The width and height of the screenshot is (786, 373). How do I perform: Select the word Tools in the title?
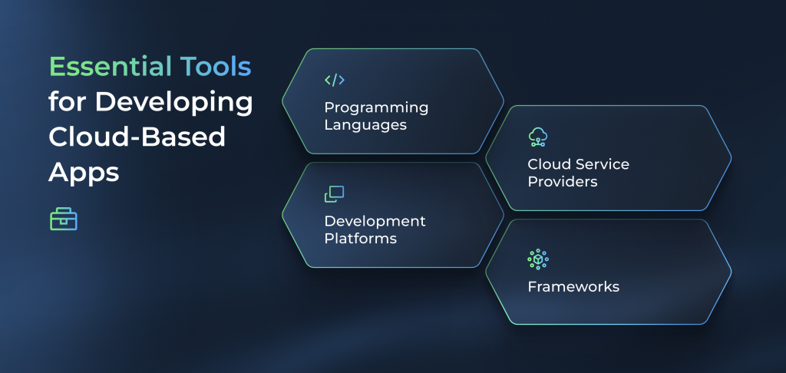pos(216,67)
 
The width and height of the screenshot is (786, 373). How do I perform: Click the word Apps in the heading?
pos(84,172)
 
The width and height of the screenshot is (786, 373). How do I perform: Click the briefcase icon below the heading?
pos(64,220)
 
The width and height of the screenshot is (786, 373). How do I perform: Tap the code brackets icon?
pos(335,80)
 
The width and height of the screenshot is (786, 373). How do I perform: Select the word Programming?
pos(376,107)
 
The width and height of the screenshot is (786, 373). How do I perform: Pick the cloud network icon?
pos(538,137)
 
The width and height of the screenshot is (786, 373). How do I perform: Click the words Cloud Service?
pos(578,164)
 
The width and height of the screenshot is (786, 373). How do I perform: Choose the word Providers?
pos(562,181)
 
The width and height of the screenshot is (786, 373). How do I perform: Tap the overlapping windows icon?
pos(335,194)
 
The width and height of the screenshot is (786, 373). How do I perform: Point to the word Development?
pos(375,221)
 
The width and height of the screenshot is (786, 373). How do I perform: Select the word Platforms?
pos(360,238)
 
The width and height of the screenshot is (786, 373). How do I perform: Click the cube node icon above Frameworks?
pos(538,259)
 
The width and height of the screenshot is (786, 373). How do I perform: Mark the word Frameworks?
pos(573,287)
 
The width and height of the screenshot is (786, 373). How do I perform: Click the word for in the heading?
pos(68,102)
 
